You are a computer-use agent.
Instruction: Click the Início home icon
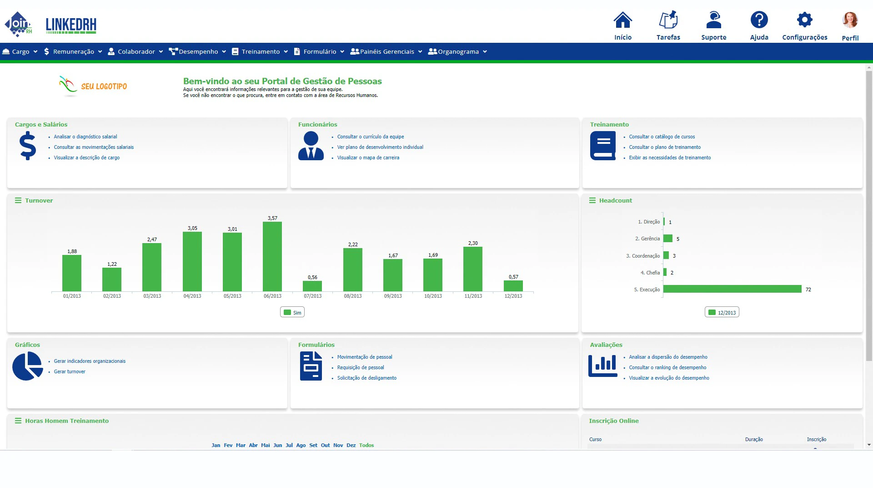(622, 20)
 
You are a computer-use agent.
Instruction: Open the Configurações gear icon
(804, 20)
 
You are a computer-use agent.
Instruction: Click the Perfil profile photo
(850, 20)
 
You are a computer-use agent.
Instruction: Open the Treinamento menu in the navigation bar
(260, 52)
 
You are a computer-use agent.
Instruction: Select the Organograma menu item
(457, 52)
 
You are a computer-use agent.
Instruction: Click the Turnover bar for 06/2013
(272, 256)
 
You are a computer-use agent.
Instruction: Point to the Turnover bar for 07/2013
(312, 286)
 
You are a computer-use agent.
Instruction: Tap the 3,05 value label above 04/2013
(192, 229)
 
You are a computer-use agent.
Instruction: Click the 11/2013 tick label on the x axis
(473, 296)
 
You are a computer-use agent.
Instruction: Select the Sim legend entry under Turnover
(292, 313)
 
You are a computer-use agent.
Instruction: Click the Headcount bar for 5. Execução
(732, 289)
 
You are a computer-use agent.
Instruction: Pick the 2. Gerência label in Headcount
(647, 239)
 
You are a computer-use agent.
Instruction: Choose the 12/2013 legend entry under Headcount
(722, 313)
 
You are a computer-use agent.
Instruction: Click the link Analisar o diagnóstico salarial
(85, 137)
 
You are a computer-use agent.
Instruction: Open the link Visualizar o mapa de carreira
(368, 158)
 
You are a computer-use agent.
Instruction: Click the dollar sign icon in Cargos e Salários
(28, 146)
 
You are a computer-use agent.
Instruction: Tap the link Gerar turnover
(70, 372)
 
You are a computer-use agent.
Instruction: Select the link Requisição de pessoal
(361, 368)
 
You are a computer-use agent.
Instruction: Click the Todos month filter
(366, 446)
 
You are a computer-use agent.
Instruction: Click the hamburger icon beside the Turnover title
(18, 201)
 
